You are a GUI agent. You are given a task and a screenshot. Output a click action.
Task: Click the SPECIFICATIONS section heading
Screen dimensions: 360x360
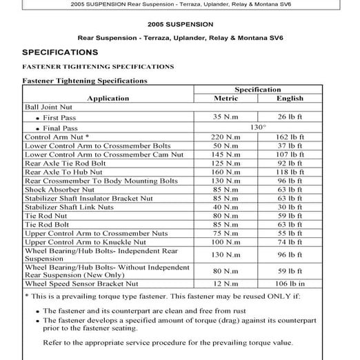pos(60,52)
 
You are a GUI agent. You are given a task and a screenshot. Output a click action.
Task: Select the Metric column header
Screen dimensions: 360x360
pos(226,99)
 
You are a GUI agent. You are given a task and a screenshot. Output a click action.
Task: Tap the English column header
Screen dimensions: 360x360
pos(290,99)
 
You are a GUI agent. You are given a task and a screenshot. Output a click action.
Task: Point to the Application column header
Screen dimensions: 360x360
pos(108,99)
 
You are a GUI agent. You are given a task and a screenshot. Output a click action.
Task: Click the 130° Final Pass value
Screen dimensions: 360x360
pos(258,128)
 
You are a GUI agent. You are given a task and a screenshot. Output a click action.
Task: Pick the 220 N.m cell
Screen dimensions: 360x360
pos(226,137)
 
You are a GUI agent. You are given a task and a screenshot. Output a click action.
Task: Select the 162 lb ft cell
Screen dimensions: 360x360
pos(290,137)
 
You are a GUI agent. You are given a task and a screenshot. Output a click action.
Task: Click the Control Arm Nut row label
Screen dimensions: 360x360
pos(57,137)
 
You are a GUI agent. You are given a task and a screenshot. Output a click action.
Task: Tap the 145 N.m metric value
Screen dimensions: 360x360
pos(226,154)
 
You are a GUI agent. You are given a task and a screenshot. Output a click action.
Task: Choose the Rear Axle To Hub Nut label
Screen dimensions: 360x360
pos(63,172)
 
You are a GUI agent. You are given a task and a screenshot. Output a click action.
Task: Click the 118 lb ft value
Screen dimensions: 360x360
pos(290,172)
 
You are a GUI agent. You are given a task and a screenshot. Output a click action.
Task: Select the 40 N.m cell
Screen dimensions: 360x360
pos(226,206)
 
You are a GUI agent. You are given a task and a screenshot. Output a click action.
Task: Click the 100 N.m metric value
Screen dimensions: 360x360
pos(226,242)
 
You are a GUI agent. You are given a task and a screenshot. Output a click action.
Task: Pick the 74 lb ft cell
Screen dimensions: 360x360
pos(290,242)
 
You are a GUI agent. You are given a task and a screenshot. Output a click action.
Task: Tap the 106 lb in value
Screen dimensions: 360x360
pos(290,283)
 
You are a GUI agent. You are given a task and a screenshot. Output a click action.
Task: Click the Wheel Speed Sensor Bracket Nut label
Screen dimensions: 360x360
pos(81,283)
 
